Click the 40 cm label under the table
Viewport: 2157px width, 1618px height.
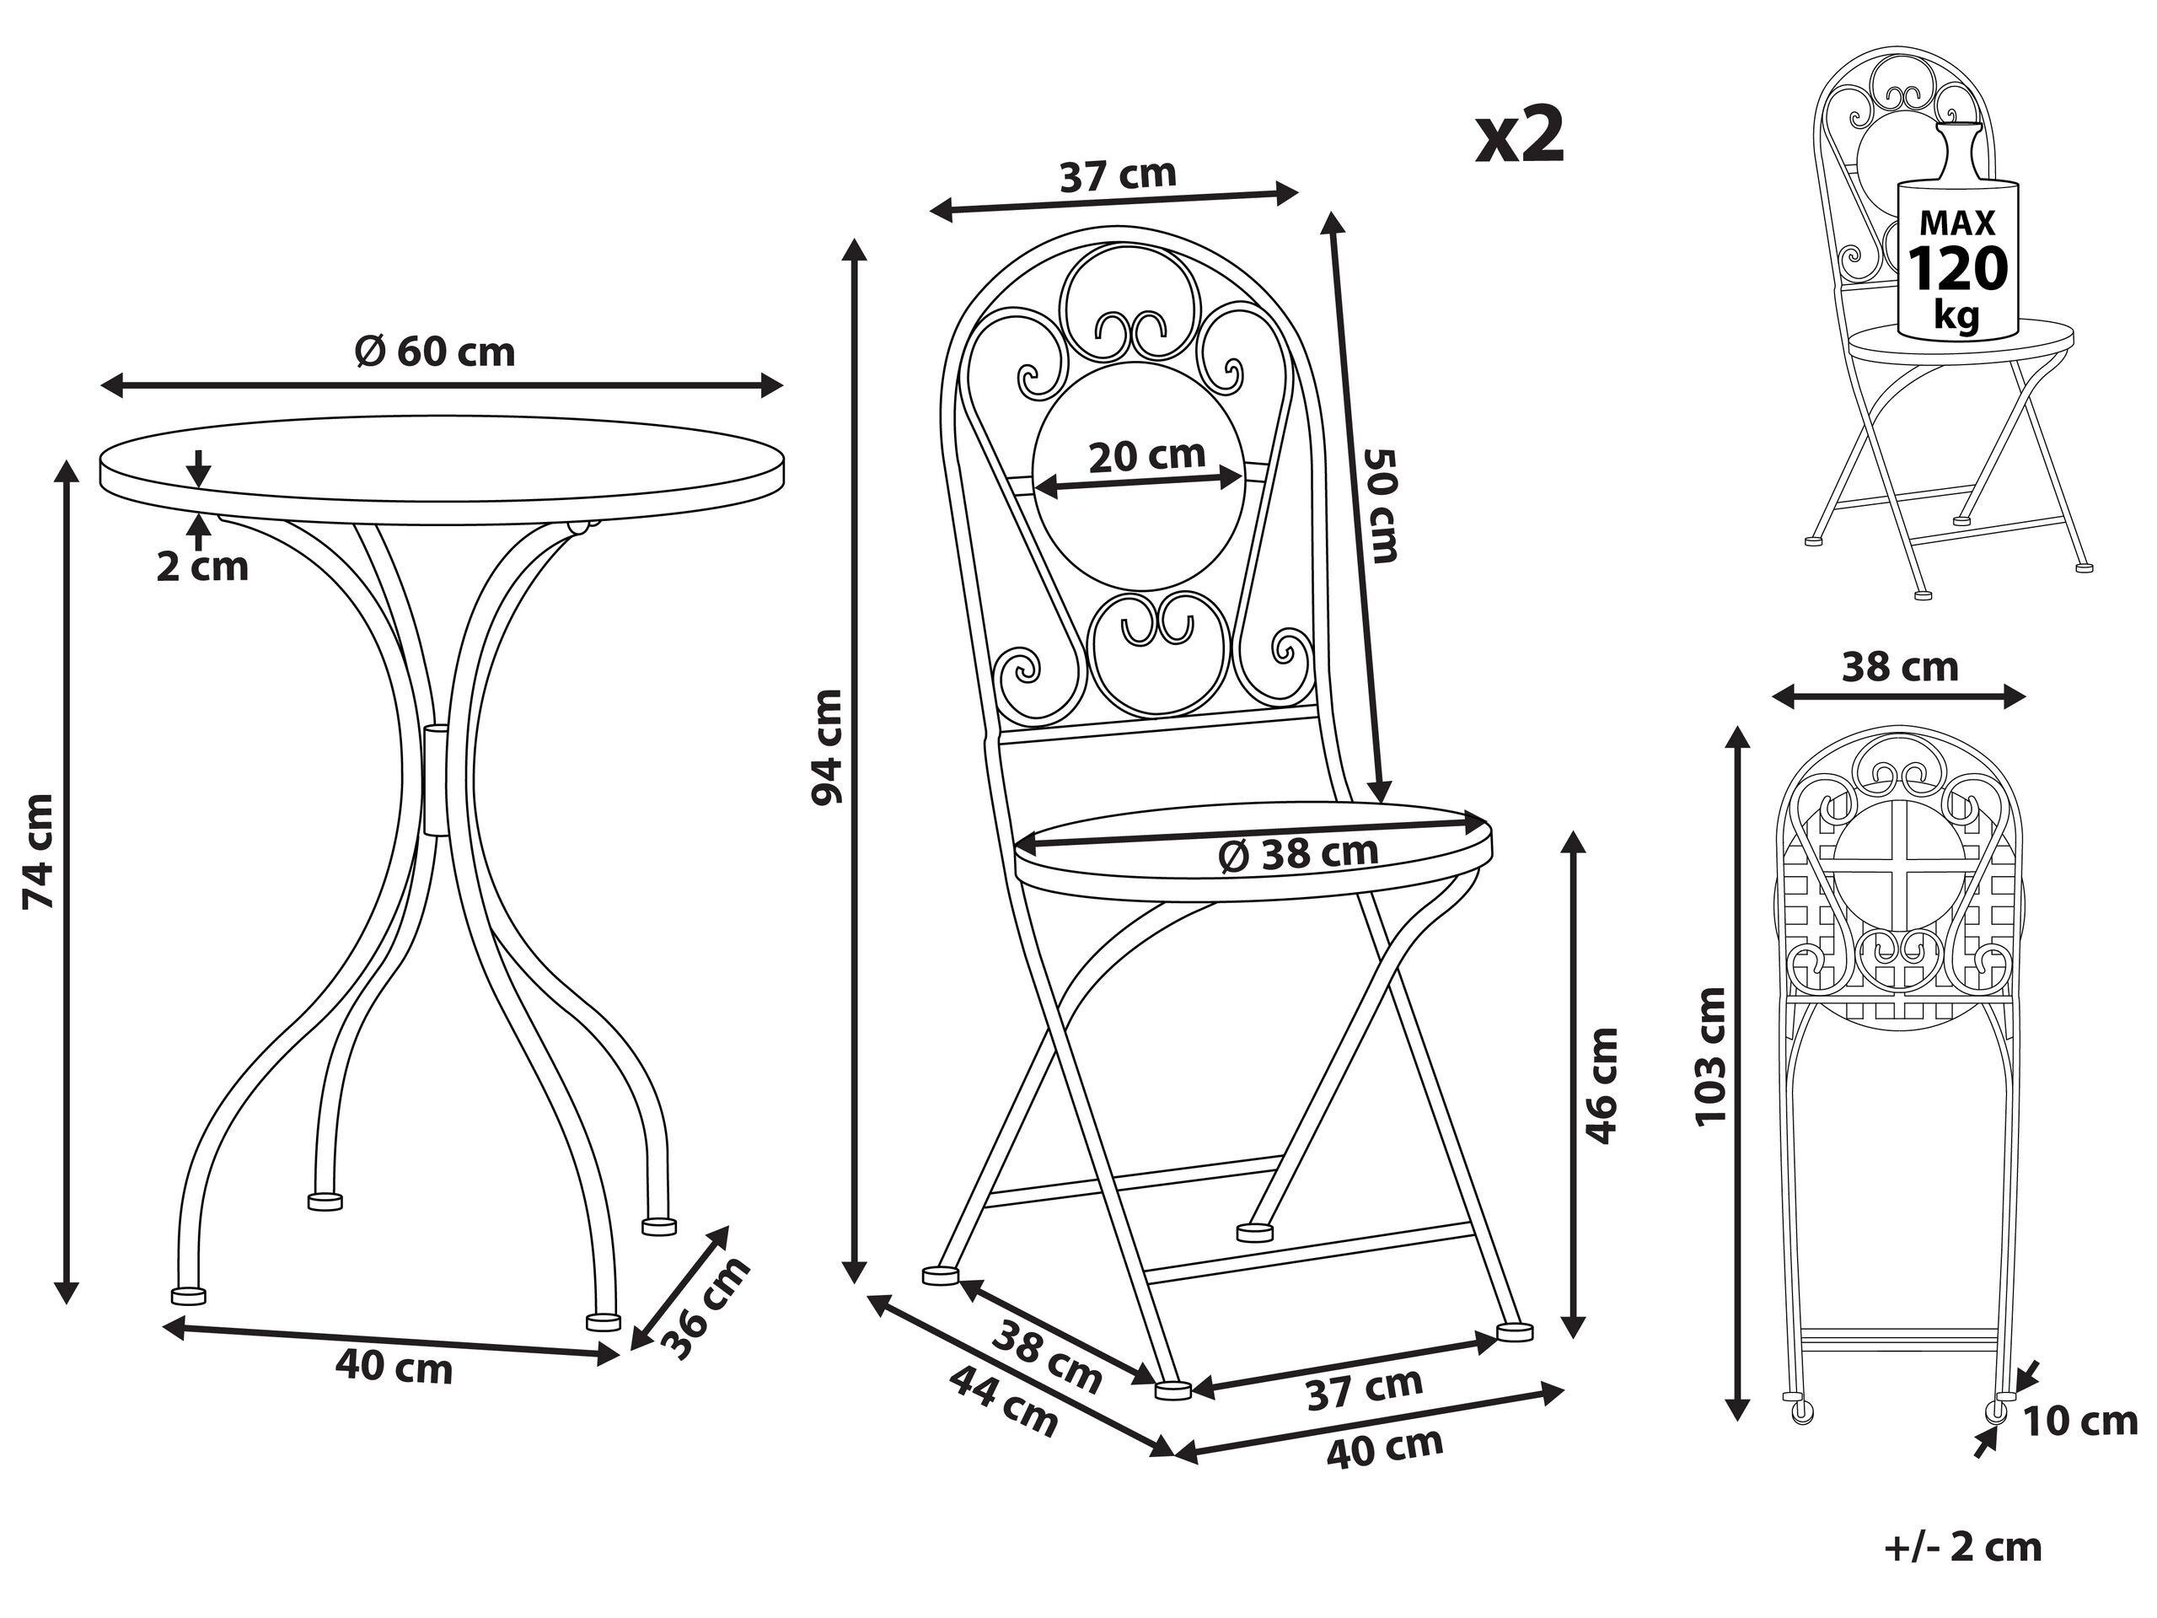click(x=394, y=1368)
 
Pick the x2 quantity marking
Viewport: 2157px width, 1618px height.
click(x=1519, y=137)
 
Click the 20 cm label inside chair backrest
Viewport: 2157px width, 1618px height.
click(x=1146, y=455)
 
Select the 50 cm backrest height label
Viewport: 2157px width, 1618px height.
click(x=1382, y=505)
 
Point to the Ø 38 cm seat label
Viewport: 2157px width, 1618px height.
click(x=1299, y=853)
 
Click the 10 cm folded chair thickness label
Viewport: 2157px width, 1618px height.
click(x=2080, y=1421)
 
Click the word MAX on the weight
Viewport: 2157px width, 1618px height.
click(x=1958, y=223)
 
